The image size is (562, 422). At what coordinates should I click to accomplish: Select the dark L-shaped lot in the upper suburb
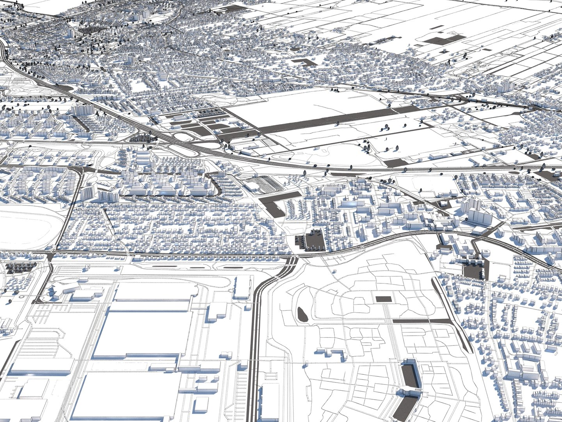click(x=304, y=62)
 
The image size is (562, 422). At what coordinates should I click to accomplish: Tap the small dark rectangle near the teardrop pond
click(x=383, y=299)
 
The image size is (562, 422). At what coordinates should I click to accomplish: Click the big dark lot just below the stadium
click(x=277, y=206)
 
